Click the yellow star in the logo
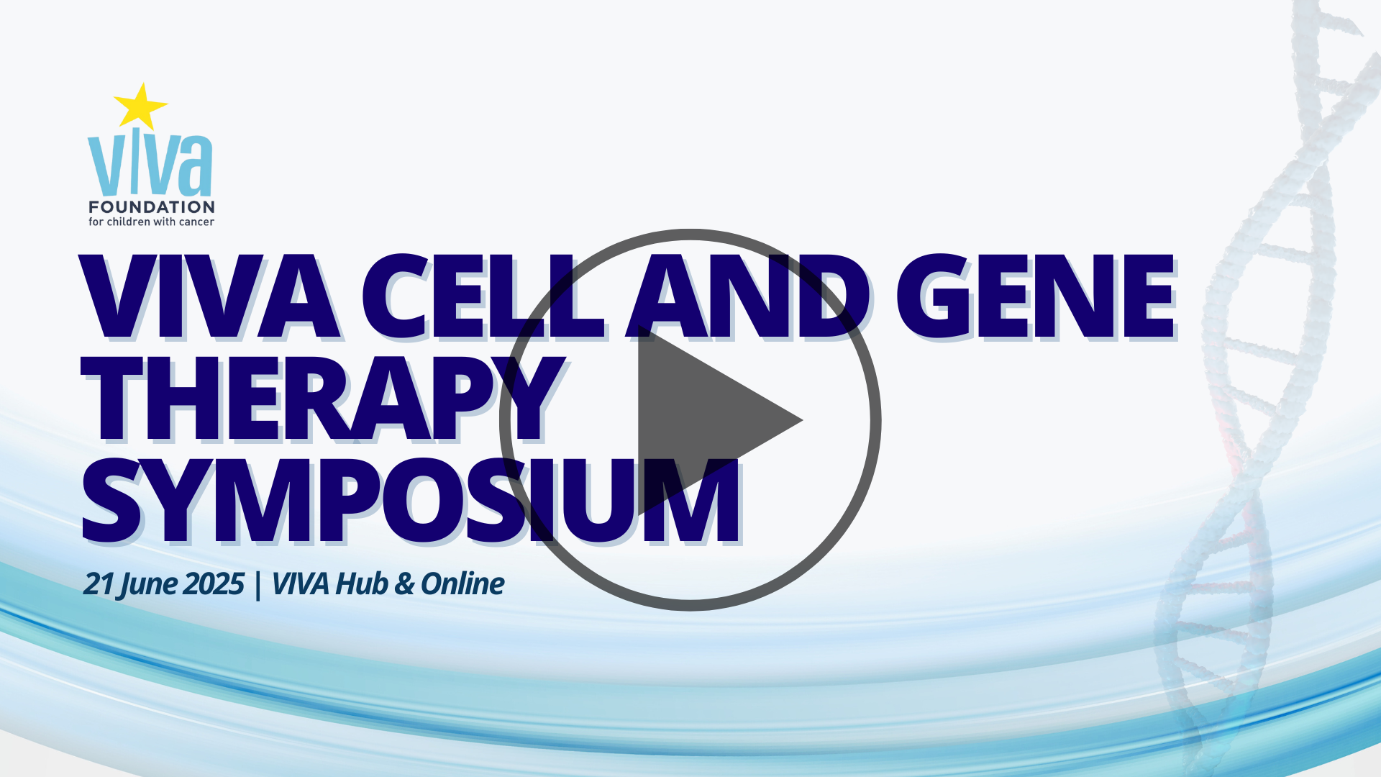click(x=141, y=106)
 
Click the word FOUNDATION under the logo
click(x=152, y=207)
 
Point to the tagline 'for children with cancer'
click(x=151, y=222)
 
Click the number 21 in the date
click(x=99, y=583)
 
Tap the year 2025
click(x=213, y=583)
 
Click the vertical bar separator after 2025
click(x=257, y=585)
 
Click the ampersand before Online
click(x=405, y=584)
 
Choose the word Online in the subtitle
click(x=462, y=583)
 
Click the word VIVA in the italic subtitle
click(x=301, y=584)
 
